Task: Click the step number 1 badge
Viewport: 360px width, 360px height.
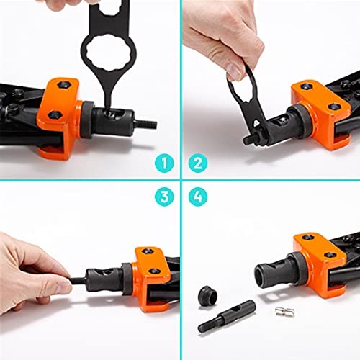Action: [165, 163]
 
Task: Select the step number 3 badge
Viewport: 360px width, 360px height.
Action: [165, 196]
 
